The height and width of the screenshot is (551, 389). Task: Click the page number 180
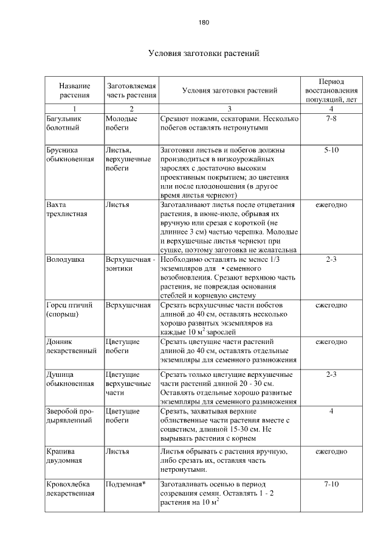(x=204, y=23)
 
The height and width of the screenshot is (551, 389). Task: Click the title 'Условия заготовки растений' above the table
(x=204, y=54)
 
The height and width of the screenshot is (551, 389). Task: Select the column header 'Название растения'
(x=75, y=90)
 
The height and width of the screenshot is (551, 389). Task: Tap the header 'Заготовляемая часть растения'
(x=132, y=90)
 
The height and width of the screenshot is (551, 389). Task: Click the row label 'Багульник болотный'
(x=64, y=124)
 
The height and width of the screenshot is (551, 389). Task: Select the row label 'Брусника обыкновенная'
(x=70, y=154)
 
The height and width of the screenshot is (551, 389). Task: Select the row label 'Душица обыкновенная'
(x=70, y=379)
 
